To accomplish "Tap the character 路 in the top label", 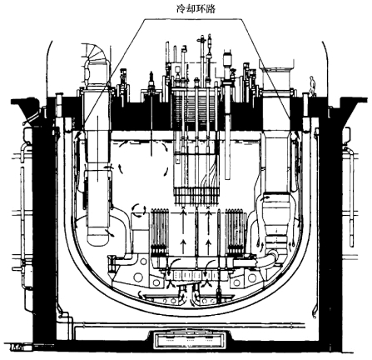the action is pyautogui.click(x=211, y=9).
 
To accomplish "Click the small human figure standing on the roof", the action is pyautogui.click(x=313, y=87).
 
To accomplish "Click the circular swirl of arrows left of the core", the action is pyautogui.click(x=138, y=210).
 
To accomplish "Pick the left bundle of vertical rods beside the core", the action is pyautogui.click(x=160, y=230).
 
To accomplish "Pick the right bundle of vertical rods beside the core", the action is pyautogui.click(x=236, y=230).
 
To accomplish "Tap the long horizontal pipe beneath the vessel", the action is pyautogui.click(x=189, y=324).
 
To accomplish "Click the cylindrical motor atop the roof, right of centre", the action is pyautogui.click(x=227, y=59).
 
